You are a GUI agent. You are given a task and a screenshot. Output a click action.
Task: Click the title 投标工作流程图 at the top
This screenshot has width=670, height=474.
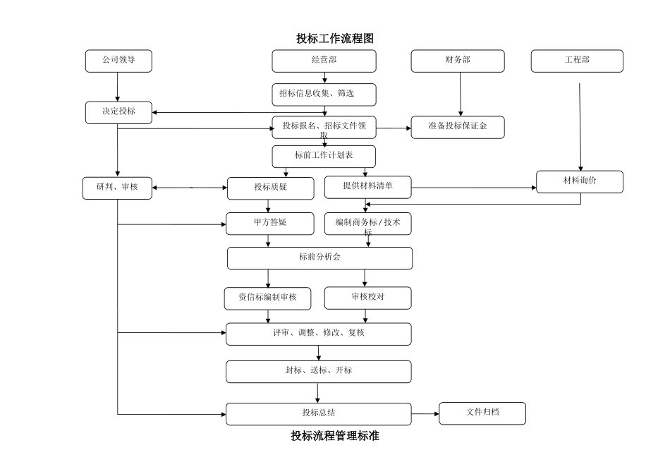click(x=334, y=38)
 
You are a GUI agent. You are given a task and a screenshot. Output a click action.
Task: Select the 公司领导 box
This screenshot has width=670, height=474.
click(x=118, y=61)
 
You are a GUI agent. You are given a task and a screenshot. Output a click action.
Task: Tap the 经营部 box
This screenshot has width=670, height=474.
click(x=324, y=61)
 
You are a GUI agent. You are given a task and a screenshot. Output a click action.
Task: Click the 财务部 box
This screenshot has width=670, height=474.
click(x=458, y=61)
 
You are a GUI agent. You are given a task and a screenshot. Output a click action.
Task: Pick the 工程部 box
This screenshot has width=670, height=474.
click(x=577, y=61)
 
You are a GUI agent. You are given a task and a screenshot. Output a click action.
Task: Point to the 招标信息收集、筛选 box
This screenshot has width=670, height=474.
click(x=324, y=95)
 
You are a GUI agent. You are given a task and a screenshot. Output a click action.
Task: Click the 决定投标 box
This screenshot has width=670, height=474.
click(x=118, y=112)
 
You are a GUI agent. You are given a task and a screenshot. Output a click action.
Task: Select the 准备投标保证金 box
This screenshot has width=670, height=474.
click(x=458, y=127)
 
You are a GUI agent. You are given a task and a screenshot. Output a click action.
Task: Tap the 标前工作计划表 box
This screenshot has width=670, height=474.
click(x=324, y=156)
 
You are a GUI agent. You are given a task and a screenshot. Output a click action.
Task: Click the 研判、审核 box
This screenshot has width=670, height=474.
click(x=117, y=188)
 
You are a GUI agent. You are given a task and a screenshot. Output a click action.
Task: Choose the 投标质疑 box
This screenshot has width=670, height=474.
click(x=269, y=188)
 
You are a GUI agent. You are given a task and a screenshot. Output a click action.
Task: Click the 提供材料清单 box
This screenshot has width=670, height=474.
click(x=367, y=187)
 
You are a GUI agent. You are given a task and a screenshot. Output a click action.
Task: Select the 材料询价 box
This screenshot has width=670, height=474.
click(x=580, y=181)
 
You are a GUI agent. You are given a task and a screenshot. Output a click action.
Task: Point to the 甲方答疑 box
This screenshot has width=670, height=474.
click(x=269, y=223)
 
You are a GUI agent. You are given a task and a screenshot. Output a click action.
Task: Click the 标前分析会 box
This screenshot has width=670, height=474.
click(x=319, y=258)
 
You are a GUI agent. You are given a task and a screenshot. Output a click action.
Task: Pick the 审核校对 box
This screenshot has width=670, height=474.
click(x=367, y=298)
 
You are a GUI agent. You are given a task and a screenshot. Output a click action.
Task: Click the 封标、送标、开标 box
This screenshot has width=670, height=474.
click(x=318, y=372)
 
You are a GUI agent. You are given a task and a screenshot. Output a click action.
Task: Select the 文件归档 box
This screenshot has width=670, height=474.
click(x=482, y=413)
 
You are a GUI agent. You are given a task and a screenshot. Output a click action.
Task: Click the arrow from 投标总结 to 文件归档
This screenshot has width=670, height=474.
click(x=425, y=414)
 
